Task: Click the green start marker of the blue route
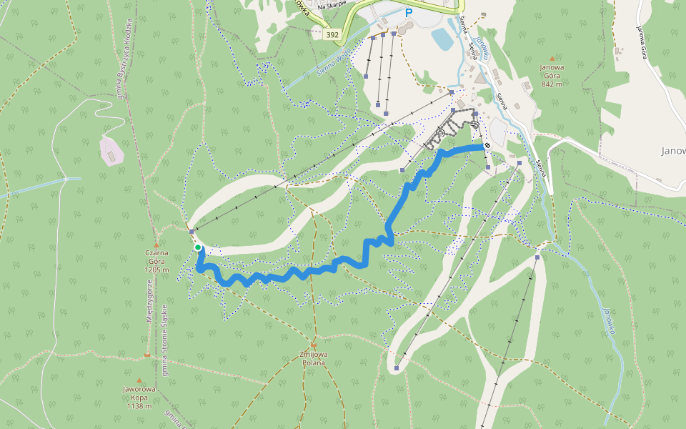tap(198, 247)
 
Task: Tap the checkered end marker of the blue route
tap(487, 146)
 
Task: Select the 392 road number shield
tap(332, 34)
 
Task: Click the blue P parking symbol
tap(409, 13)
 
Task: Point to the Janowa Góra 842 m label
tap(552, 76)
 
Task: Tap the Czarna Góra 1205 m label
tap(156, 261)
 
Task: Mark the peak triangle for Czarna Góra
tap(156, 245)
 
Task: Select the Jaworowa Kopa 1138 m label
tap(139, 397)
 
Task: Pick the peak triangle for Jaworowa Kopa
tap(139, 381)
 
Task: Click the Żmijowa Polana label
tap(313, 358)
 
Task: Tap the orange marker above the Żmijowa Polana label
tap(313, 345)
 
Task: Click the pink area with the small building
tap(111, 150)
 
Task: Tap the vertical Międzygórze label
tap(149, 300)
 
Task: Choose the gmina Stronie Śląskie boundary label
tap(165, 340)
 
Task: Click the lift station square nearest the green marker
tap(192, 232)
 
